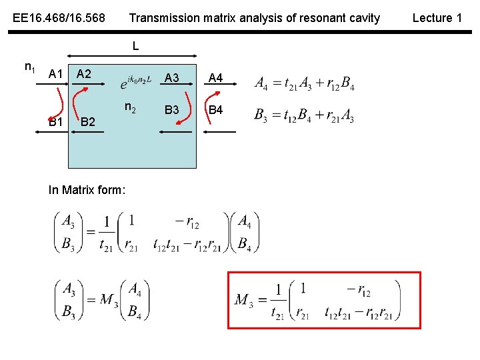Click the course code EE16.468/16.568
pos(59,18)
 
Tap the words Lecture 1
pos(437,18)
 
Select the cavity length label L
pos(135,47)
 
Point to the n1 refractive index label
pos(30,67)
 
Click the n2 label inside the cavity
pos(131,107)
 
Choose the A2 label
pos(84,73)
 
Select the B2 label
pos(87,122)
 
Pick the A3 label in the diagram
pos(172,78)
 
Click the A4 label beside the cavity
pos(215,78)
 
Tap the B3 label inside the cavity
pos(172,109)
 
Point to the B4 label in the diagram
pos(215,109)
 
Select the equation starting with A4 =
pos(305,83)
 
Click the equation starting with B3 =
pos(305,115)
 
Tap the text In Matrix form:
pos(87,190)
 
